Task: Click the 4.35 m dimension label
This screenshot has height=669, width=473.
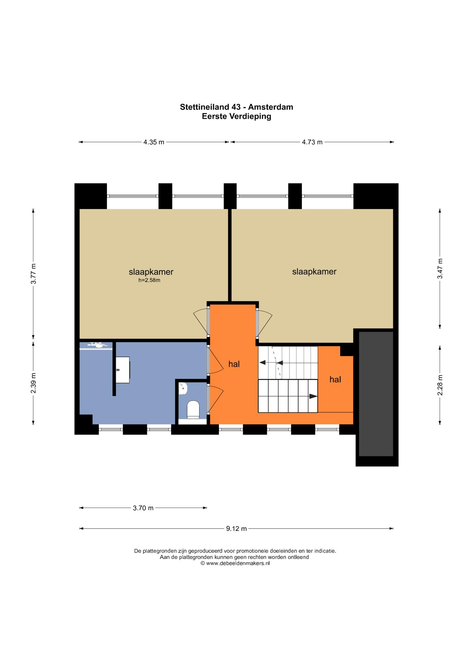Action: pos(154,142)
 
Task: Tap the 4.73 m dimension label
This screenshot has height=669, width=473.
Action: pos(312,142)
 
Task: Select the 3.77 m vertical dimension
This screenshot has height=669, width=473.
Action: pos(33,274)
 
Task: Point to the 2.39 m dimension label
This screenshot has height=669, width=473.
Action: pos(33,383)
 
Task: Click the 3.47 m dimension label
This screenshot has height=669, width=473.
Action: pos(440,268)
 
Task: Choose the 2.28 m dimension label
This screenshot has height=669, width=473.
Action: pos(440,385)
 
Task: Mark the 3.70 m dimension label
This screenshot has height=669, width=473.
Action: pos(143,508)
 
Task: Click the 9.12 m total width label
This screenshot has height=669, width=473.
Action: pos(236,529)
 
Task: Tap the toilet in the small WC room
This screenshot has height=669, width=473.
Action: pos(193,410)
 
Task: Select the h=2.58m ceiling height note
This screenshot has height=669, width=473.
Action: pos(150,280)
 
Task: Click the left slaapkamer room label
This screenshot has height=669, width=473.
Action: pos(151,272)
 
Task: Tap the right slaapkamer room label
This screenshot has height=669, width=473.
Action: pos(314,271)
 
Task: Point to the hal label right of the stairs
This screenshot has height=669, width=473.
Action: pos(335,379)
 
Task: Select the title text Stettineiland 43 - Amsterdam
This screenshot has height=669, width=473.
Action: pos(236,107)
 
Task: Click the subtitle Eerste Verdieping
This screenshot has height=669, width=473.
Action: pos(236,116)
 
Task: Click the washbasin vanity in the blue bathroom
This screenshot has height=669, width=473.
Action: pos(123,370)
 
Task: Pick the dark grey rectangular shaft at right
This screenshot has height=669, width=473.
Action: pos(376,394)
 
